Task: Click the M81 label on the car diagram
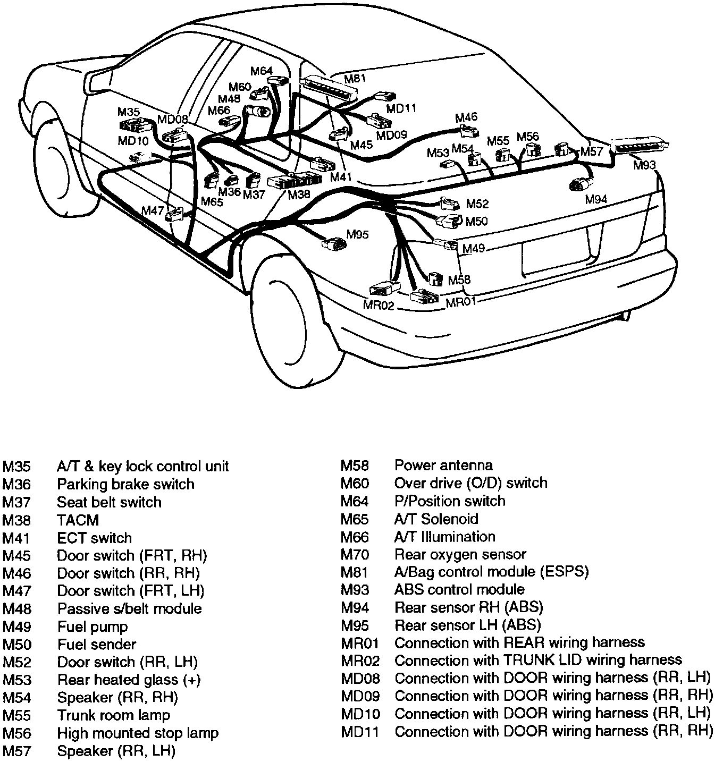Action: click(356, 79)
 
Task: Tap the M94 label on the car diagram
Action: click(596, 200)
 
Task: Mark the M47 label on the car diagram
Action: click(153, 210)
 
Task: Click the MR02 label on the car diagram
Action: click(379, 306)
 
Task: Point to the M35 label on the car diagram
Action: click(128, 112)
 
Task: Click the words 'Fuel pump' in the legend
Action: click(93, 626)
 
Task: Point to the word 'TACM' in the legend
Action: click(78, 520)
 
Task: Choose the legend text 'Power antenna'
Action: click(443, 465)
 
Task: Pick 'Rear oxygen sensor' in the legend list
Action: click(460, 554)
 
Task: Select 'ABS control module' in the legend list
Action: click(459, 589)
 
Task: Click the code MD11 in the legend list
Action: click(360, 732)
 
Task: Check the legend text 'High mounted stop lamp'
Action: click(138, 733)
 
